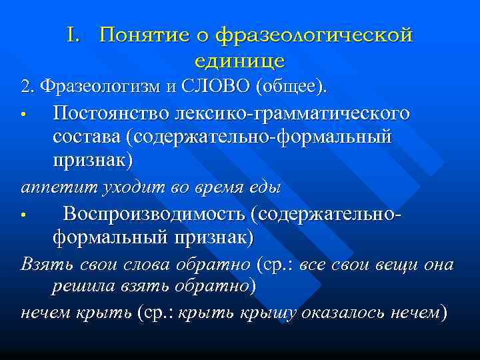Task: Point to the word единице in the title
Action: [240, 61]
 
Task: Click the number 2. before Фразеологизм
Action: [27, 87]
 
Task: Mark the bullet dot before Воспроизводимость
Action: [23, 215]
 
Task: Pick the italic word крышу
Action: [297, 313]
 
